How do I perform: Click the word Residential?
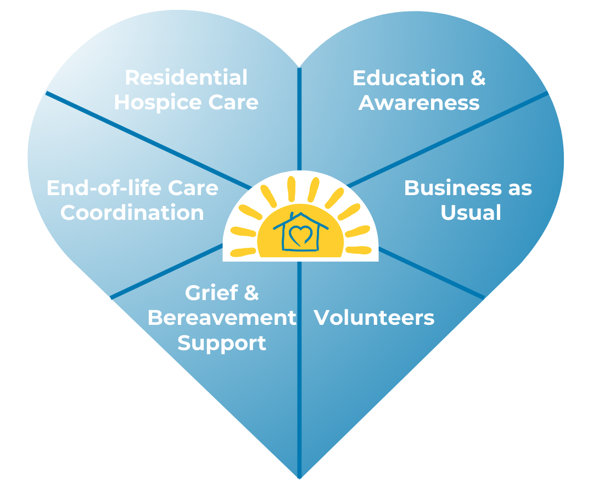point(186,77)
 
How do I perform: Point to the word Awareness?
point(419,103)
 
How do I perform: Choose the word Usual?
point(471,212)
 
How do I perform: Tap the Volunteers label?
point(374,318)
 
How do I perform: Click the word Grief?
point(211,293)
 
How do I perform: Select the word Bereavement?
point(222,318)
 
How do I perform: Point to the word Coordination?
point(132,212)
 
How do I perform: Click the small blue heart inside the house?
point(301,235)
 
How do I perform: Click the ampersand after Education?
point(478,78)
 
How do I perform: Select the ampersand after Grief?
point(251,293)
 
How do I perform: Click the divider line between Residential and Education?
point(300,119)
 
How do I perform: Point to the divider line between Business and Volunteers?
point(431,273)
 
